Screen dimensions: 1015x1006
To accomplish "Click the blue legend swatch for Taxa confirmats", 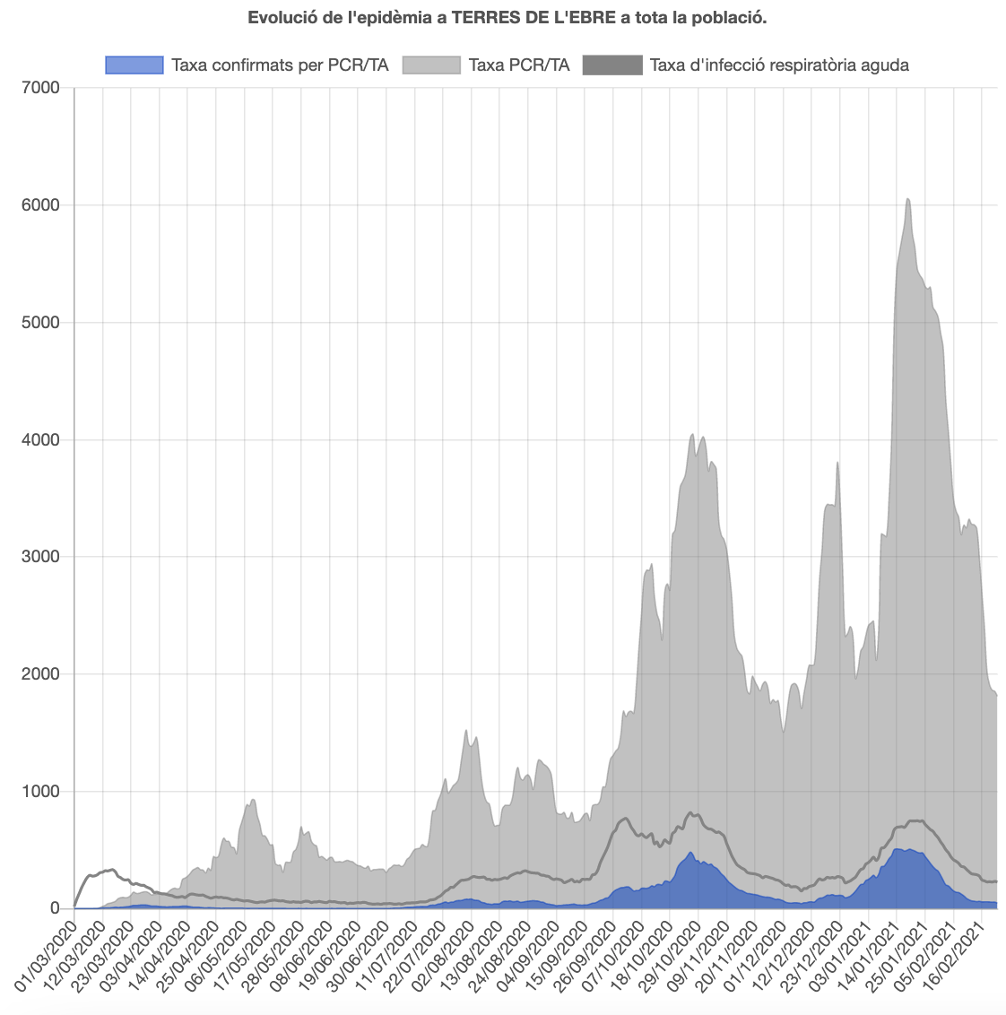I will coord(134,65).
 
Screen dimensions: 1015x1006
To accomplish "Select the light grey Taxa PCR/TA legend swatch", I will coord(431,65).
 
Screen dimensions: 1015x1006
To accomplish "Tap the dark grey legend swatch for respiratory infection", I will coord(612,65).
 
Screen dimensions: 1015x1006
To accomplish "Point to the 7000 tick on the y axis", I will coord(39,88).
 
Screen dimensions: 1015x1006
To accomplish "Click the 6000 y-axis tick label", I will coord(39,205).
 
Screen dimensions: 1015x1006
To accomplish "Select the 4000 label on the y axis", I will coord(39,439).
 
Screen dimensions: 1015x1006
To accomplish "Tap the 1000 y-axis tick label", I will coord(39,792).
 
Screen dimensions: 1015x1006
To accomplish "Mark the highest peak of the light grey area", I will coord(908,199).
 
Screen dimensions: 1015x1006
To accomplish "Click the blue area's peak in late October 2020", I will coord(690,854).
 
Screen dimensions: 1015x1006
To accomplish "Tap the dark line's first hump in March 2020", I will coord(110,870).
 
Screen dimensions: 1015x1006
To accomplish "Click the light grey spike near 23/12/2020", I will coord(837,464).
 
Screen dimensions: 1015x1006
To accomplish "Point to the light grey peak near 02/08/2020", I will coord(466,732).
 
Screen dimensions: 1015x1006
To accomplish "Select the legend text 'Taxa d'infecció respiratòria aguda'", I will coord(779,65).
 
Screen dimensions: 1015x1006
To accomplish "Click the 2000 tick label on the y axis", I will coord(39,674).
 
